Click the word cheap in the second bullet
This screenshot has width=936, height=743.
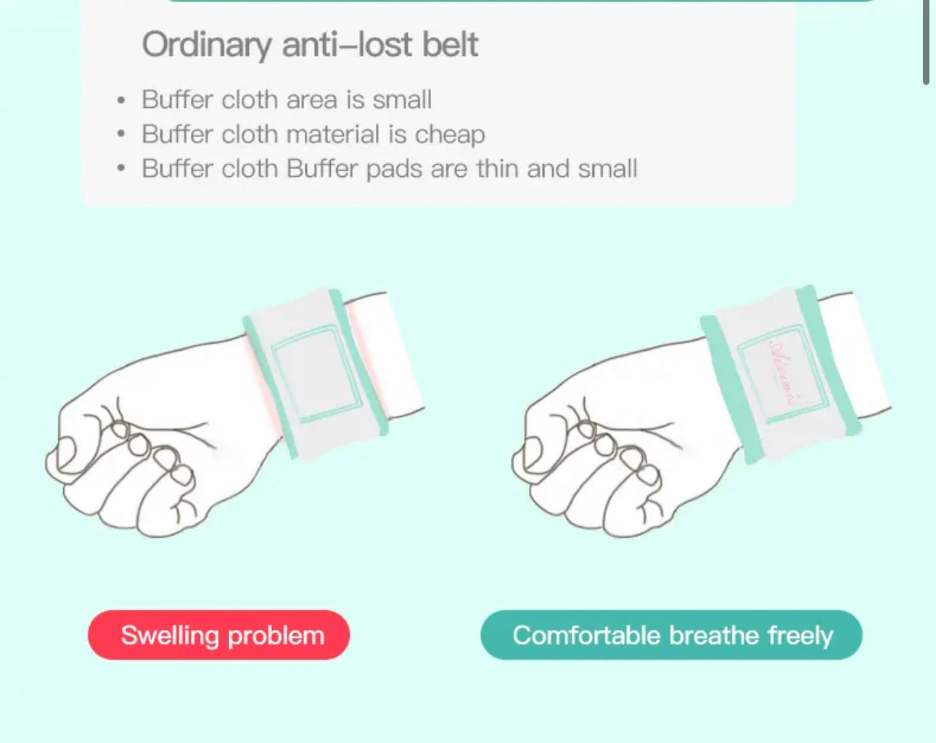[x=450, y=134]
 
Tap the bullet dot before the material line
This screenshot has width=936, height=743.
[x=121, y=135]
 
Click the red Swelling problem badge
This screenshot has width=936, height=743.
[x=218, y=635]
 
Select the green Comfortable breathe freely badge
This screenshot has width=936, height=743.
[x=671, y=635]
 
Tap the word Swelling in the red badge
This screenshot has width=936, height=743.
[x=170, y=636]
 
